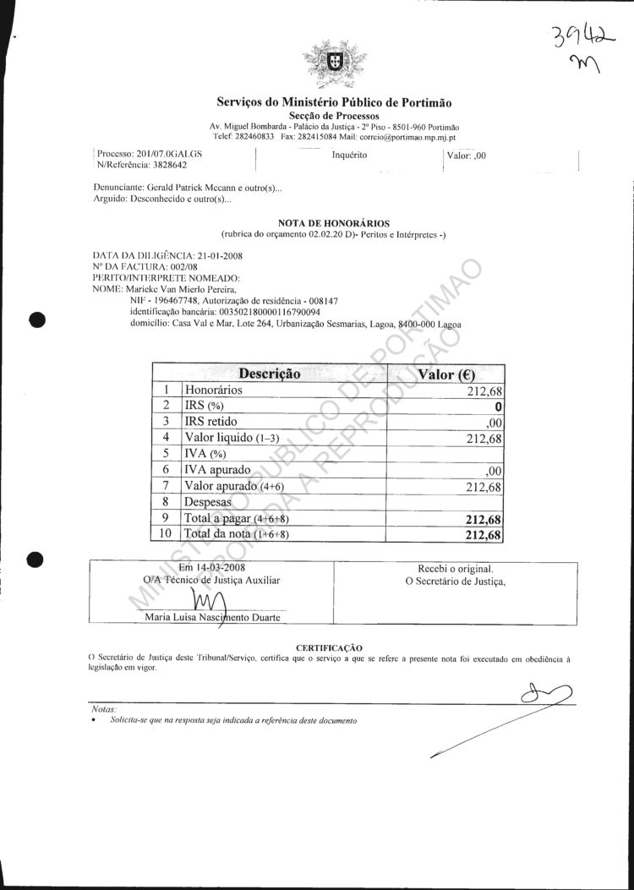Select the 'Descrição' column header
[270, 374]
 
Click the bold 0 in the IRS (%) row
[500, 406]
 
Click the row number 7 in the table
[167, 485]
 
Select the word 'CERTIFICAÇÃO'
[329, 647]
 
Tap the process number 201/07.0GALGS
[169, 155]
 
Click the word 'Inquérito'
[348, 155]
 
